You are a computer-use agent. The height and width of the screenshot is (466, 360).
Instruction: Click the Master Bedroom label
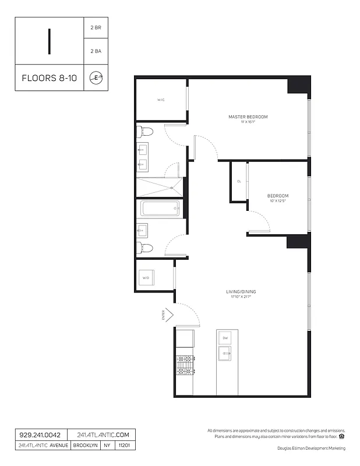coord(248,117)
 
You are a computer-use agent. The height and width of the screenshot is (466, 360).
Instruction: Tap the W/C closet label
coord(161,100)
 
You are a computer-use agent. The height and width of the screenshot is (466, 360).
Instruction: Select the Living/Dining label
coord(241,291)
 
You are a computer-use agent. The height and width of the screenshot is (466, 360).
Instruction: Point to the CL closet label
coord(239,181)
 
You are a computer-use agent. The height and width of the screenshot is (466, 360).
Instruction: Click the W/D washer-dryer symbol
coord(146,278)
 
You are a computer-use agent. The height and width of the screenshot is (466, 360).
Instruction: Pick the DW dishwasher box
coord(225,338)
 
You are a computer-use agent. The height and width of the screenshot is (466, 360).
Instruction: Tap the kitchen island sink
coord(225,353)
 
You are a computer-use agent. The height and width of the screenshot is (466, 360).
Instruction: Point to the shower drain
coord(172,188)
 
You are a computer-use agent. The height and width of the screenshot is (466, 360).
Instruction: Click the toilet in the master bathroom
coord(144,132)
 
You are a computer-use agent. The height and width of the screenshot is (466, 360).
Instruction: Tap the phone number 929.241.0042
coord(40,435)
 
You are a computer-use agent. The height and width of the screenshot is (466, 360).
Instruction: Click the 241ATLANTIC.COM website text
coord(103,435)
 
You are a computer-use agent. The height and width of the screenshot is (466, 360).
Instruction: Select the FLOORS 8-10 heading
coord(48,78)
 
